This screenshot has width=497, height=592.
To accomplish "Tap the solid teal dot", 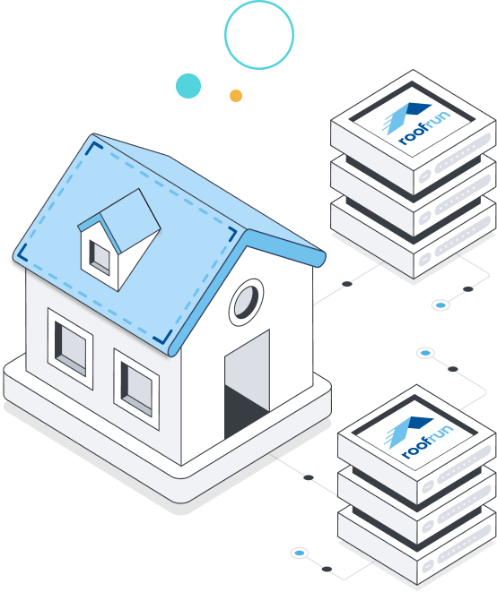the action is click(188, 86).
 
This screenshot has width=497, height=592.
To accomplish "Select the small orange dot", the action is click(236, 96).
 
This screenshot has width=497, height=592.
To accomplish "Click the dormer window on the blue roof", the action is click(100, 258).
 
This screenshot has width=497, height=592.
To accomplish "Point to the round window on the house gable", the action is click(246, 303).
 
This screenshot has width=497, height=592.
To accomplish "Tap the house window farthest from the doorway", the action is click(70, 348).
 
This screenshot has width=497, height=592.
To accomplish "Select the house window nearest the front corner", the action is click(136, 390).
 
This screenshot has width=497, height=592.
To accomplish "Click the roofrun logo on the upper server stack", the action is click(416, 124).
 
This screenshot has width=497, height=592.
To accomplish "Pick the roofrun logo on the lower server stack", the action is click(419, 438).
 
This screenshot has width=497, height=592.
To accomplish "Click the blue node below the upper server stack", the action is click(440, 305).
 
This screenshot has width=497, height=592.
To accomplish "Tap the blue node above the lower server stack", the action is click(425, 353).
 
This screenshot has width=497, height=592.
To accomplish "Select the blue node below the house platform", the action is click(299, 553).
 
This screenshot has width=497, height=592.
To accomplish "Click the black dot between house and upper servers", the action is click(347, 284).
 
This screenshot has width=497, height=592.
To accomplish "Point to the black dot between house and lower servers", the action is click(309, 477).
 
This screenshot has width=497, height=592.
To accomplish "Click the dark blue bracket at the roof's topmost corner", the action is click(93, 148).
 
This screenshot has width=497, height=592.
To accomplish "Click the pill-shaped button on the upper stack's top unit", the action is click(424, 176).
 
